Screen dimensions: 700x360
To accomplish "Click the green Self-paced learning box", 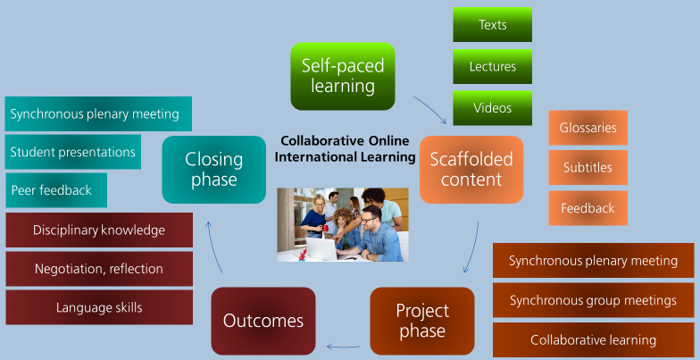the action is pos(343,77).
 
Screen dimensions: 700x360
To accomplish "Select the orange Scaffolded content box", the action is pos(471,170).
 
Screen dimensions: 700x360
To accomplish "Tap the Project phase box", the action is pos(422,321).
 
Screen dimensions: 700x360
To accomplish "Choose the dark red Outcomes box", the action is pos(263,321).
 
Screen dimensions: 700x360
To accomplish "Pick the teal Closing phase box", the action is pos(214,170).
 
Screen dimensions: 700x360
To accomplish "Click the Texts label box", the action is pos(493,25).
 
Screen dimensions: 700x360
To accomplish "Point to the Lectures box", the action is pos(493,66).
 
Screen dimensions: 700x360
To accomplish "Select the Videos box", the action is pos(493,108).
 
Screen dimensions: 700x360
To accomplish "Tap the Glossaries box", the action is pos(587,128).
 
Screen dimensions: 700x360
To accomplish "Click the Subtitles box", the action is pos(587,168).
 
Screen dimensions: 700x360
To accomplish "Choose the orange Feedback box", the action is pos(587,208).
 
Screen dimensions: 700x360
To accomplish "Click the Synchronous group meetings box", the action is pos(593,300).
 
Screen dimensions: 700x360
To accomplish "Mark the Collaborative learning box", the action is pos(593,339).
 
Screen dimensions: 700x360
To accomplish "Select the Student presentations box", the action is pos(73,152).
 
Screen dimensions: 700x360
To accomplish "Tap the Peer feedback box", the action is pos(56,190).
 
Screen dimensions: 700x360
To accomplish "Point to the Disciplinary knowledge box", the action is pos(99,230).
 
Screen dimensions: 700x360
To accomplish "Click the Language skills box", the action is pos(99,307).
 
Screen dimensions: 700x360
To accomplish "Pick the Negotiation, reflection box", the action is pos(99,269).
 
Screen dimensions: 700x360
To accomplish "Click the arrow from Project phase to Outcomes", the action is pos(343,347).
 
